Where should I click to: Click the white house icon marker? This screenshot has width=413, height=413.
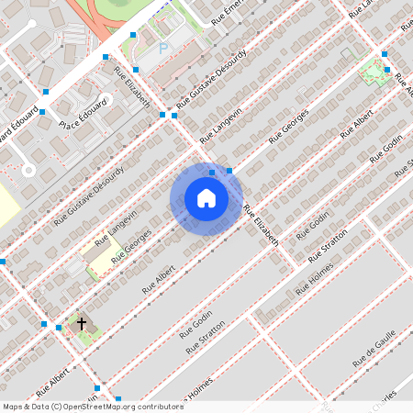click(x=206, y=198)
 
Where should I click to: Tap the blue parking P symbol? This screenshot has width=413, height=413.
click(x=163, y=49)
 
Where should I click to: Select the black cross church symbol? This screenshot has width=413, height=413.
click(x=82, y=324)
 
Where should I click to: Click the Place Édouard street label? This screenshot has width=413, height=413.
click(x=83, y=115)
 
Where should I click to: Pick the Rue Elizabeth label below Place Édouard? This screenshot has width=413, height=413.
click(x=131, y=86)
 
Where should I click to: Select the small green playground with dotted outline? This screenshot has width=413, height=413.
click(x=374, y=73)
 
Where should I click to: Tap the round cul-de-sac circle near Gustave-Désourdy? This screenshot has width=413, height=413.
click(x=28, y=170)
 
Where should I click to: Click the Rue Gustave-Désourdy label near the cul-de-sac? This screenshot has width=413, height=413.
click(x=88, y=195)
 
